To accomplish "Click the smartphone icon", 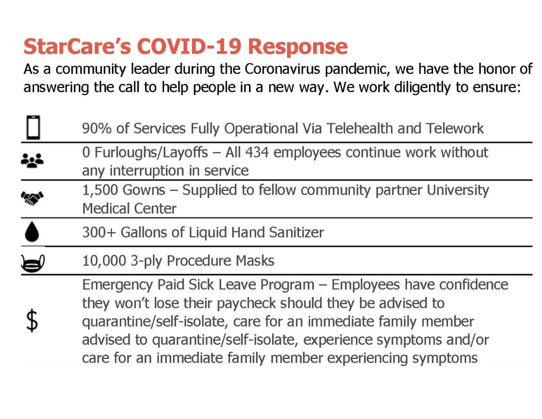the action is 33,127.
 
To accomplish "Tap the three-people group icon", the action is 32,161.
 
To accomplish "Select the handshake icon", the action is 32,198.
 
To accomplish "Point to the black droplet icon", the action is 32,232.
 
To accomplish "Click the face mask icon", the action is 33,264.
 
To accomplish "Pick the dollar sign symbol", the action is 32,321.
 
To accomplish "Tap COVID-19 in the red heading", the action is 189,46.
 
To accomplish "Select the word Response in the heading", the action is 298,46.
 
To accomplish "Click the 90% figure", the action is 97,128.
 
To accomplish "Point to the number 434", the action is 257,153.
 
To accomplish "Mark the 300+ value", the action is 99,232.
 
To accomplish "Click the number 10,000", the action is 104,260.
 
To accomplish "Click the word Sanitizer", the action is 297,232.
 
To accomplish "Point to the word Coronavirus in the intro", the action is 283,69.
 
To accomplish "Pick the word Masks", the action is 255,260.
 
